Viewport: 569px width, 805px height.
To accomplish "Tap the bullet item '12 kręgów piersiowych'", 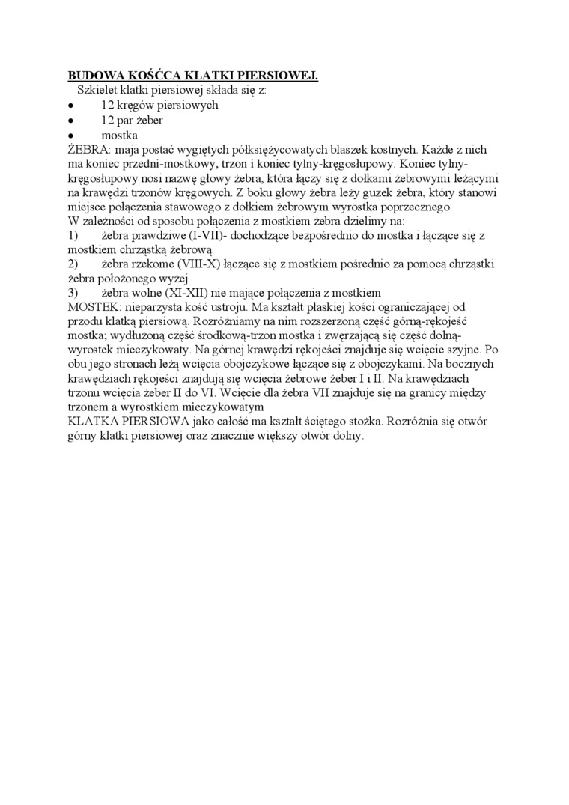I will [159, 105].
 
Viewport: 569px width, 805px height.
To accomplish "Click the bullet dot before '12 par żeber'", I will [70, 120].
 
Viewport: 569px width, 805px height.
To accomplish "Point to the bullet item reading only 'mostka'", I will [119, 135].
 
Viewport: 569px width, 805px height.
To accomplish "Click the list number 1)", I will [74, 236].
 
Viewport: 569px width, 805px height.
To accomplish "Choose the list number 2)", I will [74, 264].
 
